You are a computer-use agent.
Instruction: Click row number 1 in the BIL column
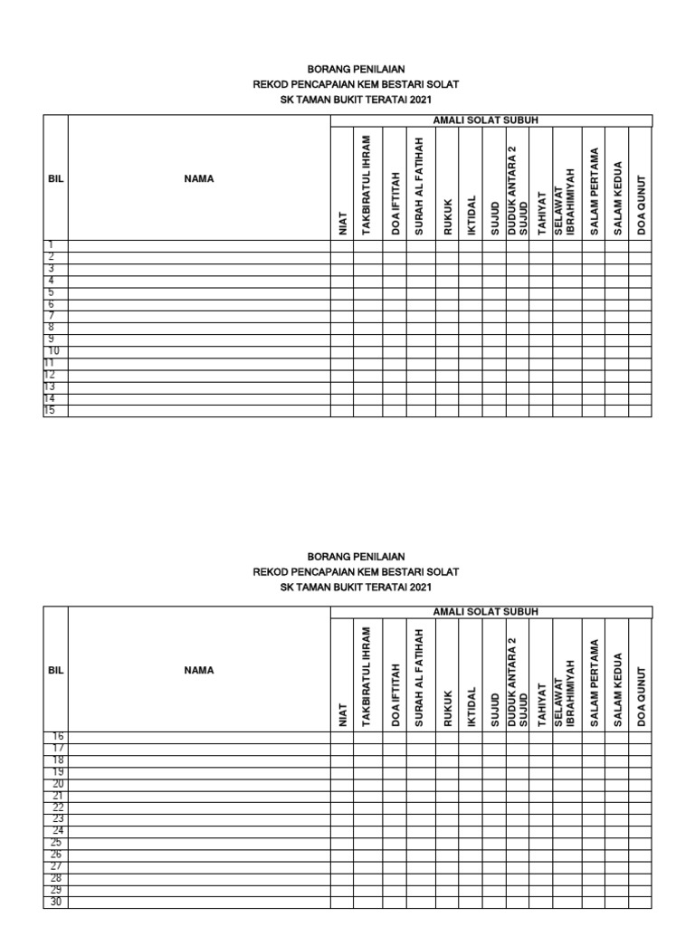click(52, 245)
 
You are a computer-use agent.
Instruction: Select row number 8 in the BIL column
click(52, 328)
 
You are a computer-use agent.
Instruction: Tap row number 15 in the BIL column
click(52, 411)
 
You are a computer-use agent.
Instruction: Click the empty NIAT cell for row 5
click(342, 293)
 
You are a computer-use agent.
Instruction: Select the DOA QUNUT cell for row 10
click(641, 352)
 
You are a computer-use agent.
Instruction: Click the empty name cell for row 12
click(199, 376)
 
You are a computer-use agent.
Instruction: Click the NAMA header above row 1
click(199, 178)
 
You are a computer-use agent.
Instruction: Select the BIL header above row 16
click(56, 671)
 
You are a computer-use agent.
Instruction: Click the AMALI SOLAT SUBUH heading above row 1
click(491, 120)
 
